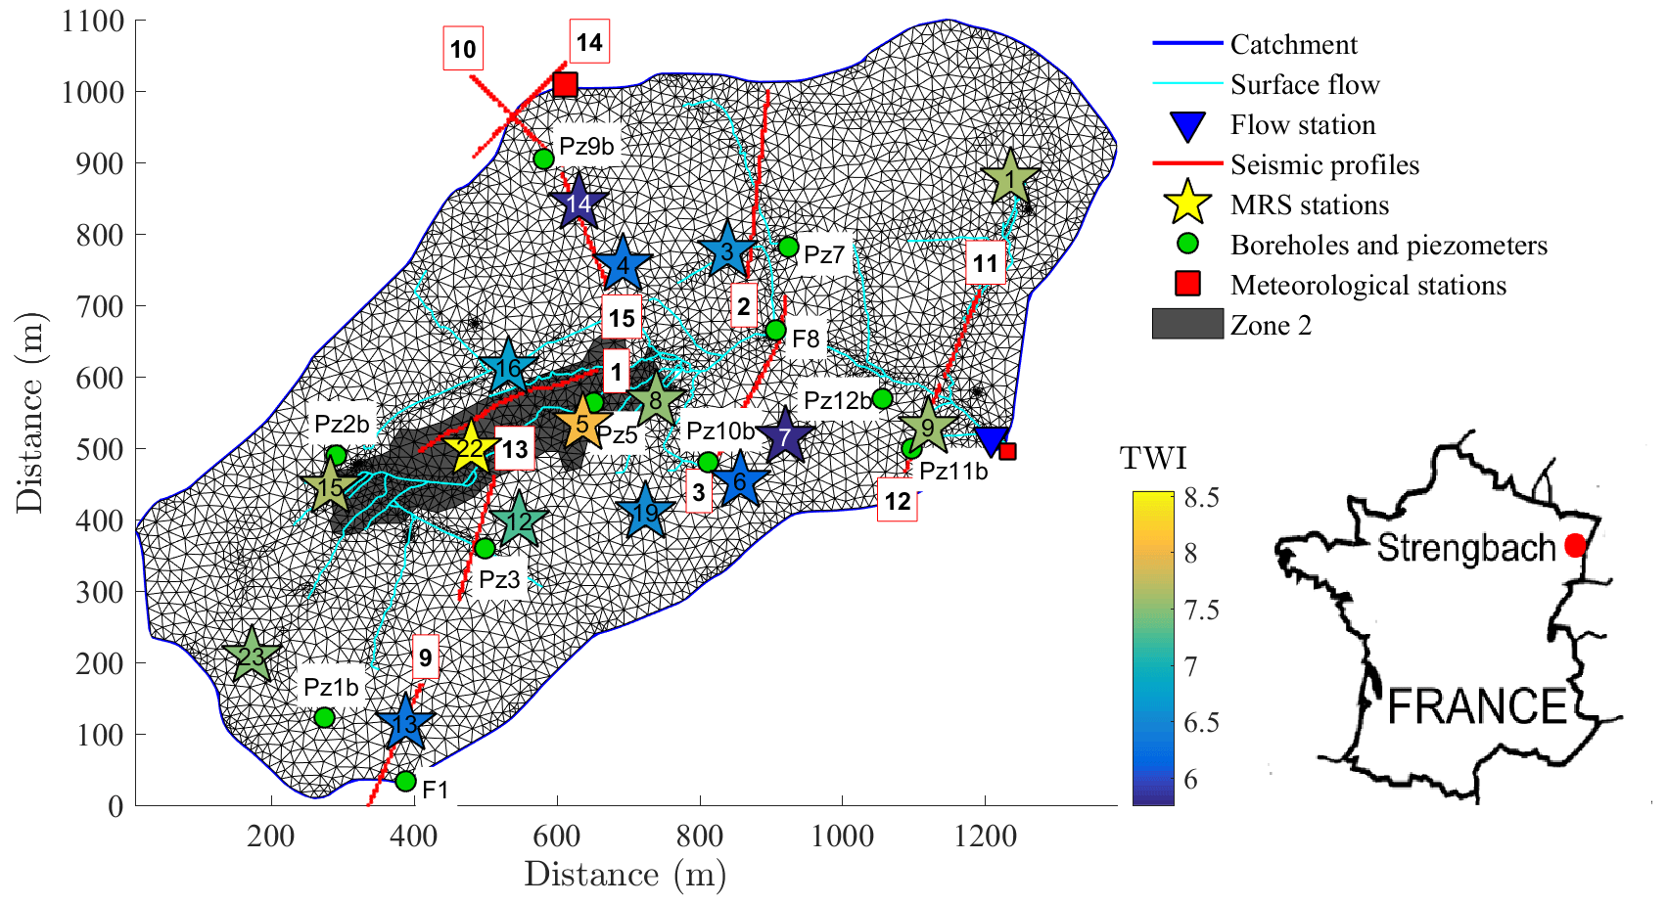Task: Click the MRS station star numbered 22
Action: [471, 449]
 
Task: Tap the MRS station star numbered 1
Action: [1010, 179]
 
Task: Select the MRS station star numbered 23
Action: [252, 656]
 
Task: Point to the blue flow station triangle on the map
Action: [992, 439]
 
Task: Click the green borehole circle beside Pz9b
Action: [544, 158]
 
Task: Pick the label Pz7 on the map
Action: [824, 255]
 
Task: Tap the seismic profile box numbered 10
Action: [463, 50]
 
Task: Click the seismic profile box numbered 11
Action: [985, 263]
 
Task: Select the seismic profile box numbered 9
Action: [425, 657]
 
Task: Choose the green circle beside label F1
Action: [405, 782]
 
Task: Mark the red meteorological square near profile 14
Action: [565, 84]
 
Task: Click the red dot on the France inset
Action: [1574, 545]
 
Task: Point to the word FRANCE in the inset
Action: [1478, 706]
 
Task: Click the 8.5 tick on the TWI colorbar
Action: [1201, 498]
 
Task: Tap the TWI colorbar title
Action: [1153, 458]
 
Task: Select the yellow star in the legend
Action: [1187, 204]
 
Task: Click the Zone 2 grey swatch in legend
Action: [1187, 324]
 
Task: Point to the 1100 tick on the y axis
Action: [93, 21]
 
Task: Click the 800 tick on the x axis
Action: [700, 837]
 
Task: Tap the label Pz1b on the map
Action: [331, 687]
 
